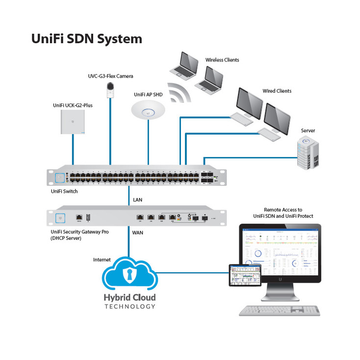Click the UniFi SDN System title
point(87,38)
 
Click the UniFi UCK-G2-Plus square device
point(73,122)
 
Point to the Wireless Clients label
point(222,60)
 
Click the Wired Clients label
point(277,91)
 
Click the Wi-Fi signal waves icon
point(178,93)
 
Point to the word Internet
point(102,259)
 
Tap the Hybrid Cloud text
point(129,298)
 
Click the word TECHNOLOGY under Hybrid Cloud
point(129,307)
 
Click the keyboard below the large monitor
point(279,310)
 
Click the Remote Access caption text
point(283,212)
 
